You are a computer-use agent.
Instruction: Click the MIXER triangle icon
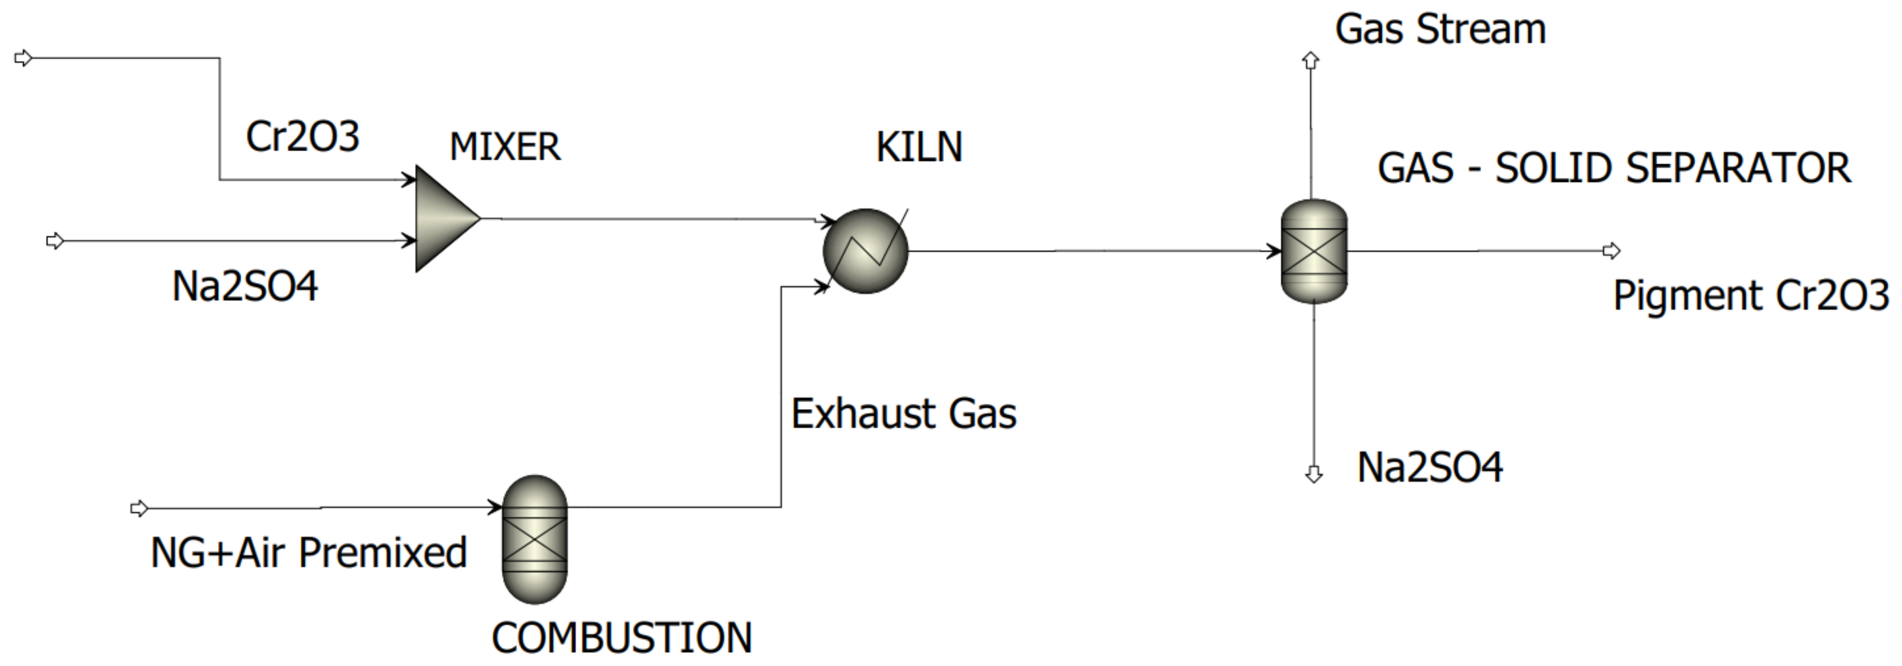click(443, 219)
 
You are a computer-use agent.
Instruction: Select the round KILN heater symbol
click(864, 251)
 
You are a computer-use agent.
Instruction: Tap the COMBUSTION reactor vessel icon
click(535, 539)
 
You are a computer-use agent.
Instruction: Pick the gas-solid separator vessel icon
click(1314, 251)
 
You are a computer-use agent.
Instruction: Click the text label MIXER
click(505, 147)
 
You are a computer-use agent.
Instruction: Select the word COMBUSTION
click(622, 638)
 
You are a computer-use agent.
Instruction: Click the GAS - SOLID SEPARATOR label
click(1614, 168)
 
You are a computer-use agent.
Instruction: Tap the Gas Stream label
click(1440, 30)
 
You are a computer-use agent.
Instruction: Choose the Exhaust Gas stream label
click(904, 413)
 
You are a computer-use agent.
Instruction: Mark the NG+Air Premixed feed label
click(309, 553)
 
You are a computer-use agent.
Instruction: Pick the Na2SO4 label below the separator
click(1430, 468)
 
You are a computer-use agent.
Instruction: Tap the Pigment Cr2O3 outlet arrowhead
click(1611, 251)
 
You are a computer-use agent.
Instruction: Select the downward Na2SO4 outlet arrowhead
click(1314, 474)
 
